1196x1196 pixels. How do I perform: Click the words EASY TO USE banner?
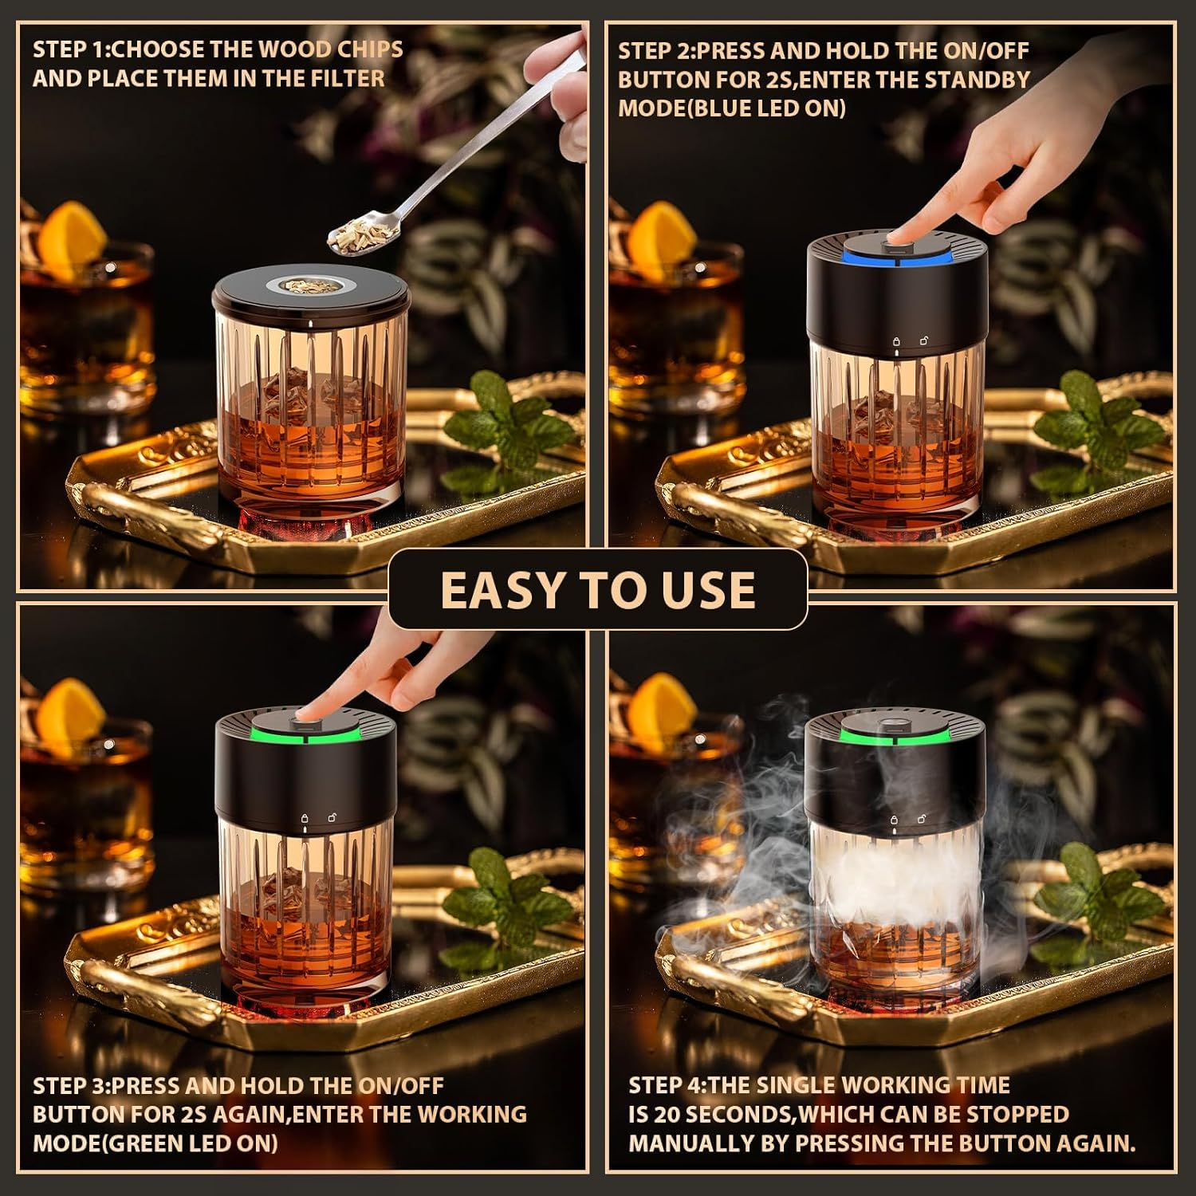click(x=597, y=589)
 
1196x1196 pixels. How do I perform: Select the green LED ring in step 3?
click(x=304, y=733)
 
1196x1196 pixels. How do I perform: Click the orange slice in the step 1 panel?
click(x=72, y=231)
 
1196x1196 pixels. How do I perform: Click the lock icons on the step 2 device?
click(x=910, y=341)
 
